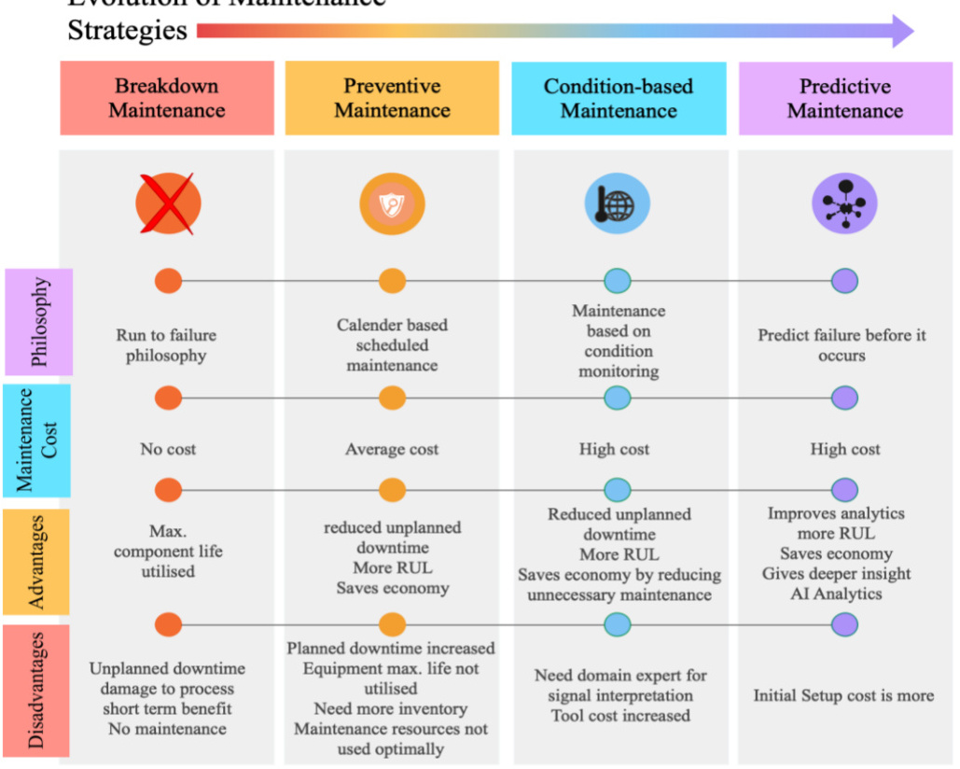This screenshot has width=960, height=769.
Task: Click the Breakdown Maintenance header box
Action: [167, 98]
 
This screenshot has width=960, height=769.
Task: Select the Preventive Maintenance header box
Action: [392, 98]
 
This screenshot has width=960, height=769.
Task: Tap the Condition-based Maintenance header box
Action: [619, 98]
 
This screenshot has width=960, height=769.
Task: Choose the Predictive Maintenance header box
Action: [844, 98]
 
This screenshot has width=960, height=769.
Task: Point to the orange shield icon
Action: [392, 204]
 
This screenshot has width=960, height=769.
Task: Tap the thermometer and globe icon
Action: [617, 203]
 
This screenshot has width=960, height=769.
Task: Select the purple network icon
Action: [844, 203]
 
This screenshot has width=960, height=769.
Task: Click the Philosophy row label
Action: [38, 322]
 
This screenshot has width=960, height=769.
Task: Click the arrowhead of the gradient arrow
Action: [900, 31]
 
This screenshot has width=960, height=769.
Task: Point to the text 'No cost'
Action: [168, 449]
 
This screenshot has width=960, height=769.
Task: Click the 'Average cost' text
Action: [392, 449]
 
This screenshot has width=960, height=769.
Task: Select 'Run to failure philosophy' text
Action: [168, 344]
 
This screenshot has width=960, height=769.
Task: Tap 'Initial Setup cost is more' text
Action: [843, 695]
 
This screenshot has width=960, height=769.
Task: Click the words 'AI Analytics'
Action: [836, 594]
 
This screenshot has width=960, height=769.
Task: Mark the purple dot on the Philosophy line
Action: [844, 281]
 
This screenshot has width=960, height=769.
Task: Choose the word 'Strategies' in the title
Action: [127, 31]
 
